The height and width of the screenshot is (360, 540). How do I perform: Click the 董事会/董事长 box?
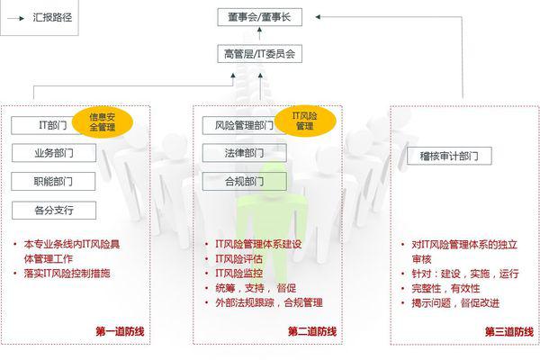pyautogui.click(x=260, y=17)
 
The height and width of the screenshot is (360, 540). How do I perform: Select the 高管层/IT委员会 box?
pyautogui.click(x=260, y=54)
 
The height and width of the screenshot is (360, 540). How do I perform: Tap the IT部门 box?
pyautogui.click(x=45, y=125)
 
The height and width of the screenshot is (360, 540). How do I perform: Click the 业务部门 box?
pyautogui.click(x=54, y=153)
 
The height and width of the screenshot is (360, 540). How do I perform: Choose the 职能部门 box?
pyautogui.click(x=53, y=181)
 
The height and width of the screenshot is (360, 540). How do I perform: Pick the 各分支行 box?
pyautogui.click(x=54, y=210)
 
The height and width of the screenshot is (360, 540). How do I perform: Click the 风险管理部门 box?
pyautogui.click(x=241, y=125)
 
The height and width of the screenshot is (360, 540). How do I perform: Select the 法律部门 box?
pyautogui.click(x=245, y=153)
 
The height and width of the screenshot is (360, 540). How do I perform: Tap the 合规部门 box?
pyautogui.click(x=245, y=181)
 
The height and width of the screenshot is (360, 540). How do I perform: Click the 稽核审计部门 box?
pyautogui.click(x=449, y=156)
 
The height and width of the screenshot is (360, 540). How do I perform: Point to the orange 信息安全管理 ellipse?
pyautogui.click(x=103, y=122)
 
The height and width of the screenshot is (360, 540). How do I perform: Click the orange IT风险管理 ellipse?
pyautogui.click(x=305, y=121)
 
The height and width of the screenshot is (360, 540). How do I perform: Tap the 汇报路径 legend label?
pyautogui.click(x=52, y=18)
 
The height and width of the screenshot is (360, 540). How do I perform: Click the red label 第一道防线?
pyautogui.click(x=120, y=331)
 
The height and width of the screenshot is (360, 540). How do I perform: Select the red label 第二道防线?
pyautogui.click(x=312, y=331)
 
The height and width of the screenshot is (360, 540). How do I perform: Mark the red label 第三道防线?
pyautogui.click(x=509, y=332)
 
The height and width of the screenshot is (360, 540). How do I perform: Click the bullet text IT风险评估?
pyautogui.click(x=239, y=258)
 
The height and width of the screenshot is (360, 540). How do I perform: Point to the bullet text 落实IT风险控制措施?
pyautogui.click(x=67, y=274)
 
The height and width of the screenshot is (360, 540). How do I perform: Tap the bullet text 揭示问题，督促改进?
pyautogui.click(x=455, y=303)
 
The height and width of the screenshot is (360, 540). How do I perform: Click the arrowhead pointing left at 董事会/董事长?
pyautogui.click(x=318, y=16)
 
